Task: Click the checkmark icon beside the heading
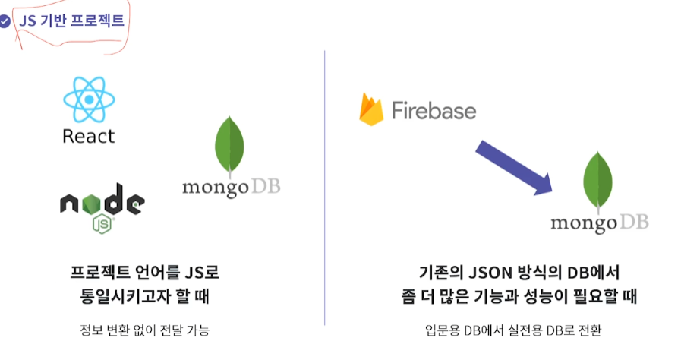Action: coord(5,22)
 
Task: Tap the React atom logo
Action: coord(88,99)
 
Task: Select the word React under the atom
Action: coord(88,137)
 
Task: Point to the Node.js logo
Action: coord(102,203)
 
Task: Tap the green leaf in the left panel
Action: coord(230,146)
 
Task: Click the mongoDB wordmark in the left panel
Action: coord(231,187)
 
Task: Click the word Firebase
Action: coord(434,112)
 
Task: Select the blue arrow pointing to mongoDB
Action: coord(512,168)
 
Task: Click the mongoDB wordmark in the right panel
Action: coord(599,223)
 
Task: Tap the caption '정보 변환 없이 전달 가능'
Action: coord(143,330)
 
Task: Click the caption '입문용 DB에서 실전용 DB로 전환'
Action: coord(514,330)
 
